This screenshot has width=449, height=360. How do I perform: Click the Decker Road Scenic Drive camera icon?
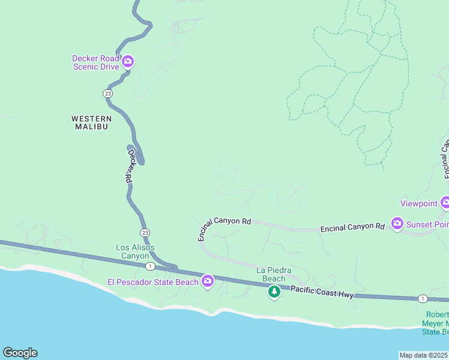[x=127, y=61]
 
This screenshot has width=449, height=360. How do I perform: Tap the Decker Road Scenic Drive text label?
[x=95, y=62]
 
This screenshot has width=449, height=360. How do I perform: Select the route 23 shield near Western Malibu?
[x=107, y=94]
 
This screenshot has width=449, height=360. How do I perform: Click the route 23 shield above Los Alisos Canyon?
[x=145, y=232]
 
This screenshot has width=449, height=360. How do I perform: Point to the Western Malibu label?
[x=91, y=122]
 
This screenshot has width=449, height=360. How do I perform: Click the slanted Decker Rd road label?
[x=128, y=166]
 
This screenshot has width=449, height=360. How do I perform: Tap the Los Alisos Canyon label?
[x=135, y=252]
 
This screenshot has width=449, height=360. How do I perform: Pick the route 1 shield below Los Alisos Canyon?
[x=150, y=266]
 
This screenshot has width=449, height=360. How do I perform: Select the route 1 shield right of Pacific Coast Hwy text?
[x=423, y=298]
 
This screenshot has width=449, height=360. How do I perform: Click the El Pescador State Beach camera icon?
[x=208, y=280]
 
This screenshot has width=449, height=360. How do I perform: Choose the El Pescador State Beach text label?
[x=152, y=282]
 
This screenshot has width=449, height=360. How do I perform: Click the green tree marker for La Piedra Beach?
[x=274, y=292]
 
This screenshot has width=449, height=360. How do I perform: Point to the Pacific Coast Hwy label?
[x=323, y=292]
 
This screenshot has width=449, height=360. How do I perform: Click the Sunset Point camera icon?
[x=397, y=223]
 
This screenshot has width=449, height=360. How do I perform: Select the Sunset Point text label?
[x=427, y=225]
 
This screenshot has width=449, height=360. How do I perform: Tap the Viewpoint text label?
[x=419, y=204]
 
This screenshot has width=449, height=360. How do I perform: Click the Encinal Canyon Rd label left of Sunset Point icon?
[x=352, y=227]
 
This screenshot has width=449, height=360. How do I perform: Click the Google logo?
[x=20, y=353]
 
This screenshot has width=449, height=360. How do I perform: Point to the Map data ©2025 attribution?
[x=424, y=355]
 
